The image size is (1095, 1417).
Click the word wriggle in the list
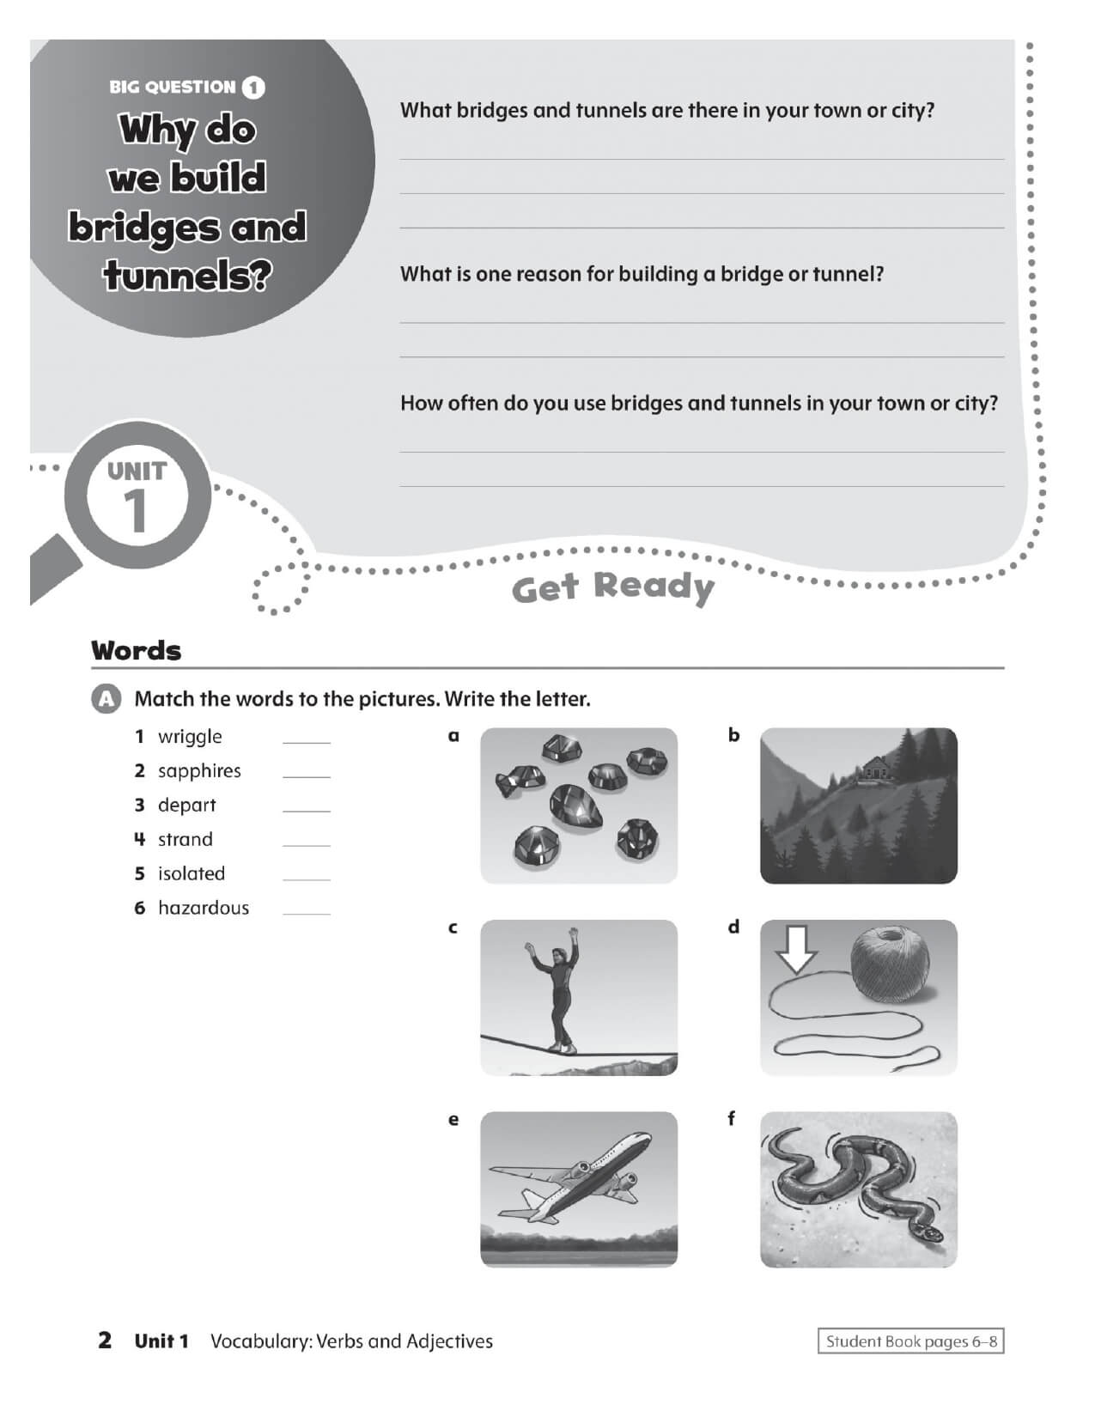(x=190, y=737)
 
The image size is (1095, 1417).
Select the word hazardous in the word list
(x=204, y=908)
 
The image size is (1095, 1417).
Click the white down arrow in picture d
(x=796, y=948)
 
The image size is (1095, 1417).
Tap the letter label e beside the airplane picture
(x=453, y=1120)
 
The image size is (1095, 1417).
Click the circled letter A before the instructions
(x=105, y=699)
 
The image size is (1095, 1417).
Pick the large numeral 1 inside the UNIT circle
(x=137, y=514)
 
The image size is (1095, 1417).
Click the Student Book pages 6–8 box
(x=910, y=1341)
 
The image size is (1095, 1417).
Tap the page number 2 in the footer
(x=105, y=1341)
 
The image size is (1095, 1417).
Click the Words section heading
(x=137, y=650)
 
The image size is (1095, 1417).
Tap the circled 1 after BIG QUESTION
(x=254, y=88)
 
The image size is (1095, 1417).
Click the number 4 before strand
(x=140, y=839)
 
